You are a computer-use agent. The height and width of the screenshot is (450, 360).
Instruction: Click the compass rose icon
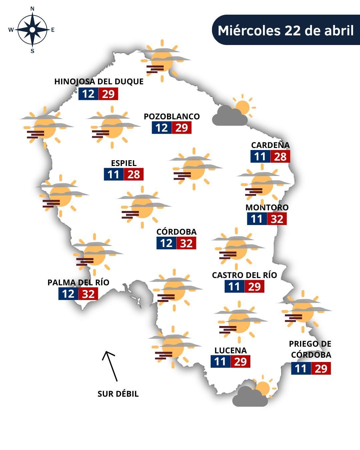[32, 30]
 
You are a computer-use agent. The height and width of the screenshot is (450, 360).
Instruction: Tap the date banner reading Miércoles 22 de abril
[286, 30]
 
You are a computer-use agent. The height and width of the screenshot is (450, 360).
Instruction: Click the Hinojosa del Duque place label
[99, 82]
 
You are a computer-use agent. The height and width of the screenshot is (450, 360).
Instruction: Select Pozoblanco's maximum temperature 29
[182, 128]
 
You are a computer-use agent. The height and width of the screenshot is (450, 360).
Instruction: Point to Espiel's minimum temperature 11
[114, 174]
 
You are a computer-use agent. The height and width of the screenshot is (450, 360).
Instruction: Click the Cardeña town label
[270, 145]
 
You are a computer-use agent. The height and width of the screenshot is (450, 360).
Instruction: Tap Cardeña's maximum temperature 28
[280, 156]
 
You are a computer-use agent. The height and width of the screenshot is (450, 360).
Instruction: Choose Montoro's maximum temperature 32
[277, 219]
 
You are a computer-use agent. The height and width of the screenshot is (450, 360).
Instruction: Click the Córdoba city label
[176, 232]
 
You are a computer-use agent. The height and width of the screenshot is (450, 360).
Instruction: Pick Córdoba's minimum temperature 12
[166, 243]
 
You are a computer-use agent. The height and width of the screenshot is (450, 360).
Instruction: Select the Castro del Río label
[244, 275]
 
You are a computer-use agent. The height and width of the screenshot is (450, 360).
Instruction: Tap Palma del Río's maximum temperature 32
[88, 294]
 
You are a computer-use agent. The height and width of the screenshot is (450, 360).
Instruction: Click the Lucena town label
[230, 350]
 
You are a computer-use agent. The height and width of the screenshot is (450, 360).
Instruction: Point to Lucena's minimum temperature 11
[220, 362]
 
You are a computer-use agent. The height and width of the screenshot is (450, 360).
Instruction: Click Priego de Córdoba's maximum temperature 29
[321, 369]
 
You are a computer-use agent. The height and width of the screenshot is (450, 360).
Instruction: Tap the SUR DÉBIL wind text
[118, 394]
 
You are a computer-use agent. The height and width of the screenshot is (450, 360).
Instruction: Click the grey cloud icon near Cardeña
[230, 116]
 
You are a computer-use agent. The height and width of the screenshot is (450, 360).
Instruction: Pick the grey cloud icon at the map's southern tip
[250, 397]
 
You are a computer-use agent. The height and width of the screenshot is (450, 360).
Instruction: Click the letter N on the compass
[32, 9]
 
